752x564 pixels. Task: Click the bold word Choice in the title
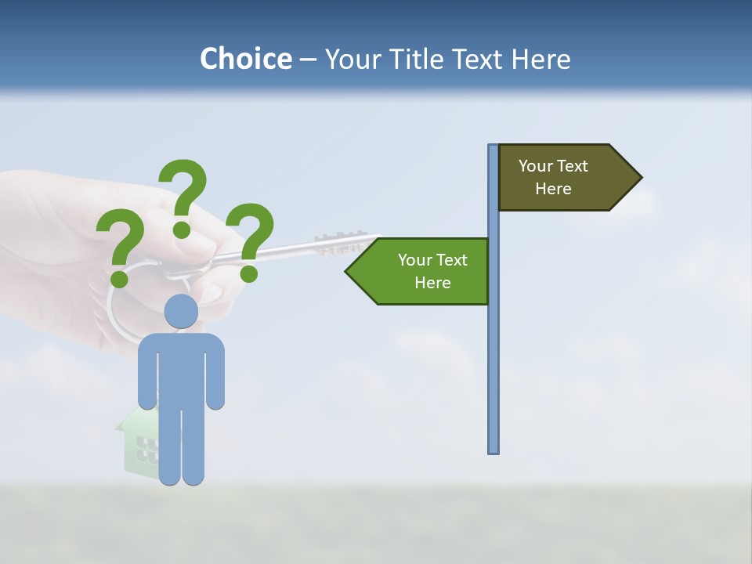click(245, 60)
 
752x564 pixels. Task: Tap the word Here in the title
click(540, 60)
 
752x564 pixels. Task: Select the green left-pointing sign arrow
click(423, 271)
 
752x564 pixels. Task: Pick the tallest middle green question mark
click(183, 192)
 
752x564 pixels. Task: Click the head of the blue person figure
click(181, 312)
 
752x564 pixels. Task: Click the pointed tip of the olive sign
click(639, 178)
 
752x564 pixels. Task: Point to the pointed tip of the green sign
click(349, 272)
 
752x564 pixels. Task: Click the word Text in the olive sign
click(573, 166)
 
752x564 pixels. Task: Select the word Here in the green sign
click(432, 283)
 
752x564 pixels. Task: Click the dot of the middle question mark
click(182, 229)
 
